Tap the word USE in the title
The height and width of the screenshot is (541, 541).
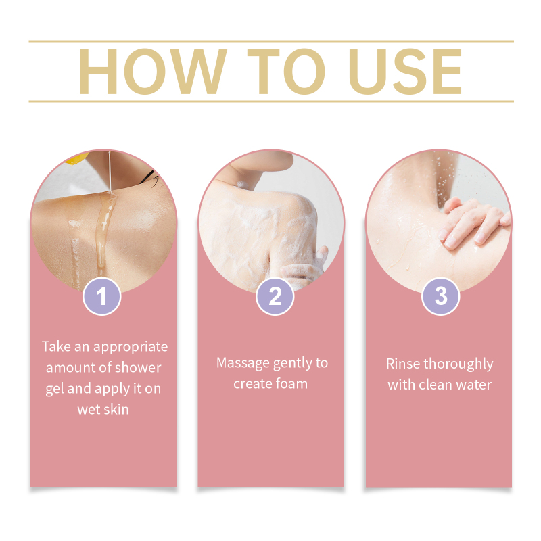(405, 72)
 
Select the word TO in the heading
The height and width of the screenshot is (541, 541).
(286, 72)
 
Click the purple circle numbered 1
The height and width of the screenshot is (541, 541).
(102, 296)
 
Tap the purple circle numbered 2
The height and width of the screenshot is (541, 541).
(275, 296)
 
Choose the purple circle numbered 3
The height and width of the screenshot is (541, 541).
(441, 296)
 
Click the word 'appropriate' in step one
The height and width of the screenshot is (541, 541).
(131, 347)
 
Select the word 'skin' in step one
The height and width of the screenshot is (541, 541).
(116, 410)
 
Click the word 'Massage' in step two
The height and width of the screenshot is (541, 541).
(243, 364)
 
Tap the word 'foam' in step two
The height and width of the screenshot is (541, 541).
(291, 383)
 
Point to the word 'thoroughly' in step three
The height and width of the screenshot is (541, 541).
(458, 364)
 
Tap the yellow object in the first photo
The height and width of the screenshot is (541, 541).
(76, 158)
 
